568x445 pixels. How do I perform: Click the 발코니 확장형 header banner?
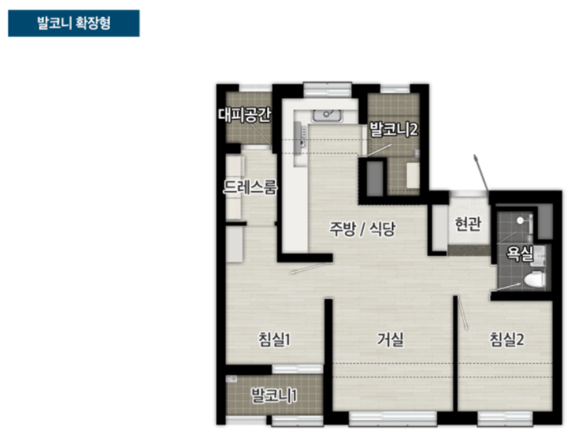pyautogui.click(x=73, y=23)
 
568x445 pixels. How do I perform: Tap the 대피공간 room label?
pyautogui.click(x=244, y=115)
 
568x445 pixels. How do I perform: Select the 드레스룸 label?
pyautogui.click(x=250, y=188)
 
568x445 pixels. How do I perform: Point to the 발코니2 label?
pyautogui.click(x=393, y=128)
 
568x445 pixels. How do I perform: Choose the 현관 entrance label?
pyautogui.click(x=468, y=224)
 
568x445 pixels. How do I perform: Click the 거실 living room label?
pyautogui.click(x=390, y=340)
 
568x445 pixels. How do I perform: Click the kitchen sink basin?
pyautogui.click(x=326, y=115)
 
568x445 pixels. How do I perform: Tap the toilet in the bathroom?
pyautogui.click(x=533, y=279)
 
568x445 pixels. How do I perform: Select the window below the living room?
pyautogui.click(x=393, y=418)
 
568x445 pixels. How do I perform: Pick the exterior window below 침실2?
pyautogui.click(x=503, y=418)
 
